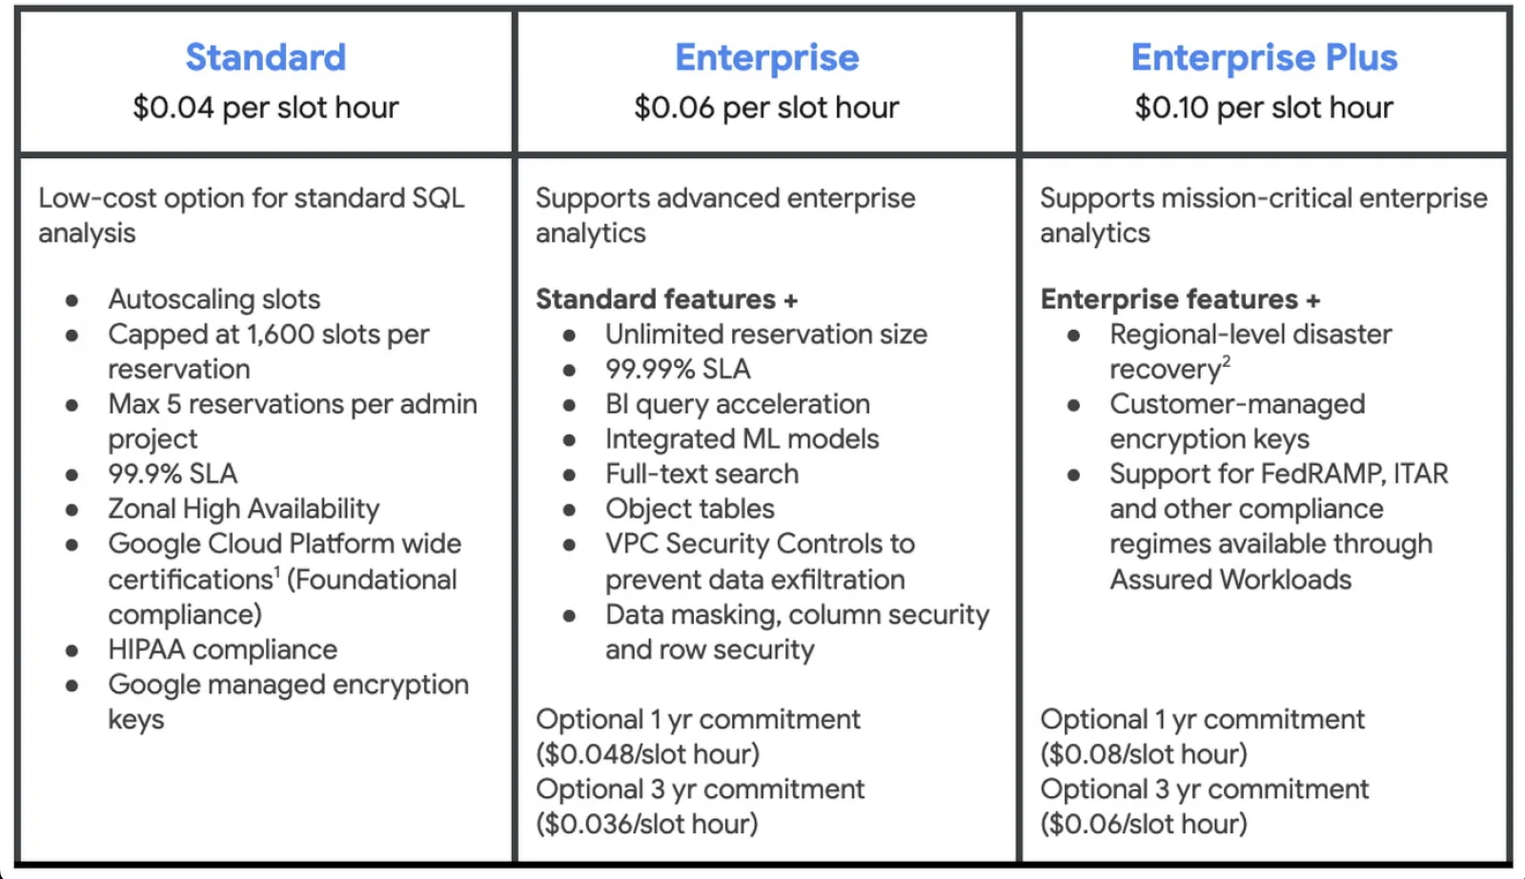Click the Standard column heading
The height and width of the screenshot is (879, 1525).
coord(266,56)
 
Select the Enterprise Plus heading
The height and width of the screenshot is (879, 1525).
coord(1264,56)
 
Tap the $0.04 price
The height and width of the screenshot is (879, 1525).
coord(173,108)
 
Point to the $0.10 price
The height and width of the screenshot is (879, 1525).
coord(1171,108)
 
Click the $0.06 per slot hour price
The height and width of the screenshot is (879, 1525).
coord(766,108)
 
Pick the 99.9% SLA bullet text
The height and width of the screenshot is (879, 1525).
coord(173,474)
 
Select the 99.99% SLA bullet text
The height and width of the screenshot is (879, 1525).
coord(678,369)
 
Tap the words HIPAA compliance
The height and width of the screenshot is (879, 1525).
coord(223,649)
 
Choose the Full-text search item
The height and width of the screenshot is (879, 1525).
coord(701,474)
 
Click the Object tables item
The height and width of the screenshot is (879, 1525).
coord(690,508)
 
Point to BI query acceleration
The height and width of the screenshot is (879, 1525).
coord(738,404)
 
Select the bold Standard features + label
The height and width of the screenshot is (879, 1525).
coord(666,299)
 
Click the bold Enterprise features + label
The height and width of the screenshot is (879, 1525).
coord(1181,299)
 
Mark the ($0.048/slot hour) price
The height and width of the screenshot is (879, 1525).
coord(647,754)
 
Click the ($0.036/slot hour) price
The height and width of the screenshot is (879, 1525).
coord(647,824)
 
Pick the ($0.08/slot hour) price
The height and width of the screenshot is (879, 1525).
coord(1144,754)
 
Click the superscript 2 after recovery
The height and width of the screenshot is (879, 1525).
coord(1226,361)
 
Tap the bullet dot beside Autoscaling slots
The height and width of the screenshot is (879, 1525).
coord(71,300)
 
